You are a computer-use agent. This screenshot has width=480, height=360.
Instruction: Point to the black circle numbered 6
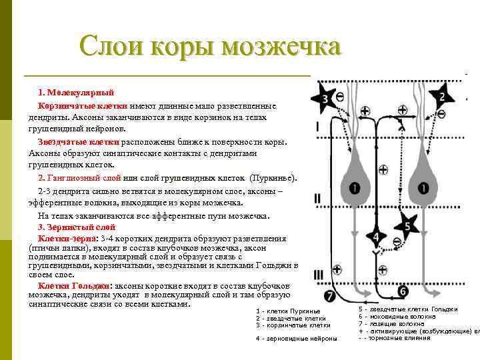click(403, 291)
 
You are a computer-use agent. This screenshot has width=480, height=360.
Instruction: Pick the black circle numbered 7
click(329, 295)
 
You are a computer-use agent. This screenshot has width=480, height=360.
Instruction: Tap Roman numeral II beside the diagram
click(318, 198)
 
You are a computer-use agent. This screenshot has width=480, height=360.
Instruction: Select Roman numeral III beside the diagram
click(319, 274)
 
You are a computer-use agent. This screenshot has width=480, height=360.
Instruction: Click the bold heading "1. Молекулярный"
click(76, 91)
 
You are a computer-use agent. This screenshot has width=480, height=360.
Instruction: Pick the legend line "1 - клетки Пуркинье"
click(288, 311)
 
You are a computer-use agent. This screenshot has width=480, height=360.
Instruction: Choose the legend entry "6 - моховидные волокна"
click(397, 316)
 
